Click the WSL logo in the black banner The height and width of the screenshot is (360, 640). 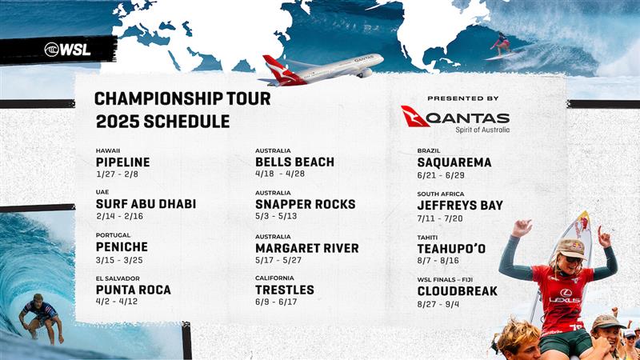coord(67,49)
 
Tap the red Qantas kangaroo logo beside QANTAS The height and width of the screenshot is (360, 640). coord(415,116)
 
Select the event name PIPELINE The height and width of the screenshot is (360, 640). coord(122,162)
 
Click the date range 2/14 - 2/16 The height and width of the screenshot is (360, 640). coord(118,217)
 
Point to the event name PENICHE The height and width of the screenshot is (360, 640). coord(122,247)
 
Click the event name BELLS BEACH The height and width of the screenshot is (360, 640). coord(294,162)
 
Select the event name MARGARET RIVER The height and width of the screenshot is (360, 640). coord(307,248)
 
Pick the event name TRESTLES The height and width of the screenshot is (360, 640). coord(285,290)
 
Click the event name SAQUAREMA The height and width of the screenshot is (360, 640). coord(454,162)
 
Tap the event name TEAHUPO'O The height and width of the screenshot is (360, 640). coord(451,249)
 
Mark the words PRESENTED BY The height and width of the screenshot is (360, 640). coord(462,98)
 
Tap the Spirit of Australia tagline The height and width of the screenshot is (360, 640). coord(482,129)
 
